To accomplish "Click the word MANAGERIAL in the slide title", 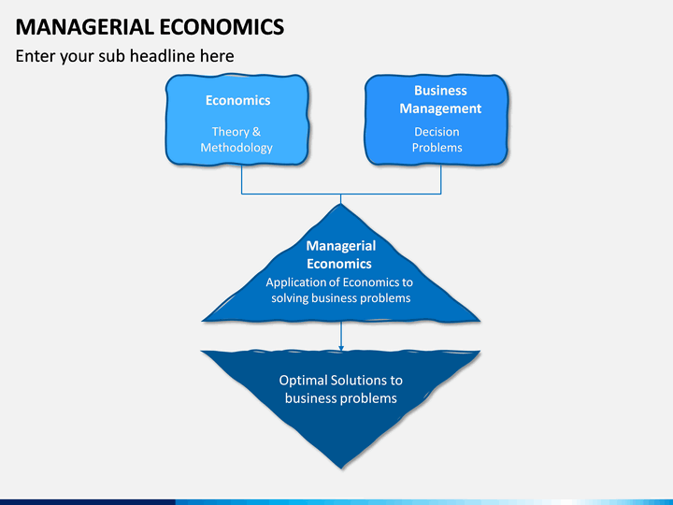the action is [84, 26].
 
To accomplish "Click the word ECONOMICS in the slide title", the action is [222, 26].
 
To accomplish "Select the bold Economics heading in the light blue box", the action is [237, 100].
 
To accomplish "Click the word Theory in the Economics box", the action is [231, 132].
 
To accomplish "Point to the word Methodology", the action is [236, 148].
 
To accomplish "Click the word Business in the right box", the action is [440, 91].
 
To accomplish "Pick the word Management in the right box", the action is [440, 108].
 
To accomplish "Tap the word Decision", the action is [437, 132].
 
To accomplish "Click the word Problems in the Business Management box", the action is [437, 148].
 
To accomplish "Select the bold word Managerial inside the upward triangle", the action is [341, 246].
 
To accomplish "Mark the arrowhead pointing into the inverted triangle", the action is [341, 348].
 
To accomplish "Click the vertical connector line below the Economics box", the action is [242, 180].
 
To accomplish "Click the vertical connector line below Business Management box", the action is [441, 180].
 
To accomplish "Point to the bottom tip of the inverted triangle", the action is [341, 469].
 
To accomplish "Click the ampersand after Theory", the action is [257, 132].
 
